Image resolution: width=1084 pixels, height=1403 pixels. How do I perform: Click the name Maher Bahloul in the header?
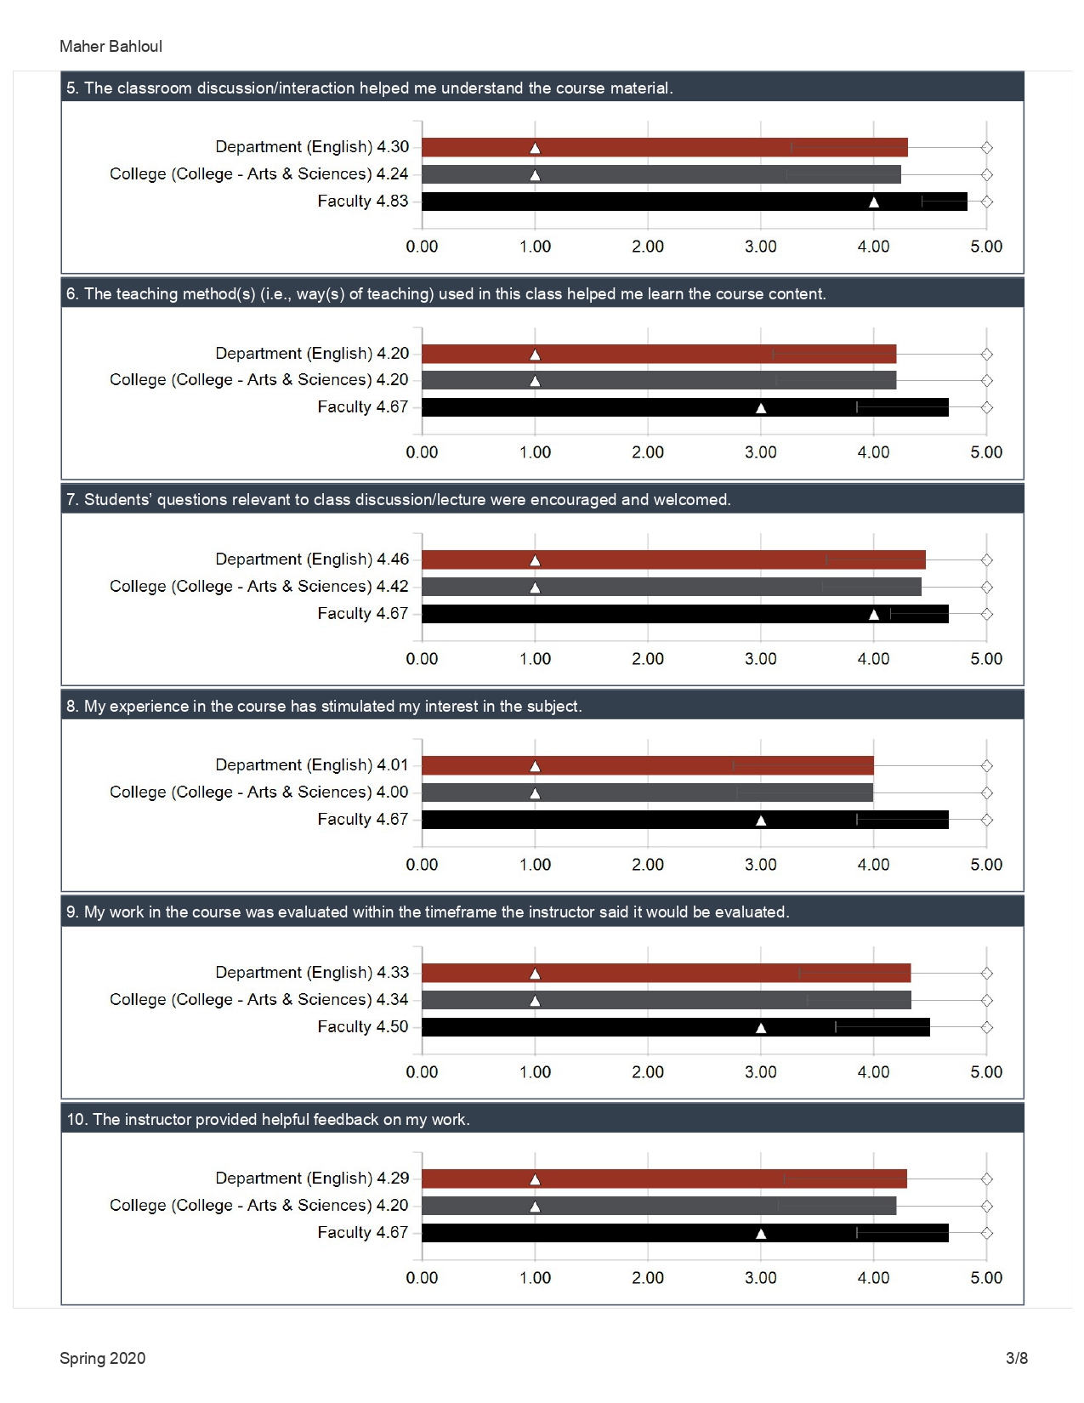pos(111,47)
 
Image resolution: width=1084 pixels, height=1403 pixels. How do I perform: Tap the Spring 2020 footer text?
pos(102,1358)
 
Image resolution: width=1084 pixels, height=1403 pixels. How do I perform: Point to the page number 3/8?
pos(1016,1358)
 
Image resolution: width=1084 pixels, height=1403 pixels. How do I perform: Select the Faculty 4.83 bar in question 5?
pos(694,202)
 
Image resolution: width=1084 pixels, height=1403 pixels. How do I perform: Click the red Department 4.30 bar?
pos(664,147)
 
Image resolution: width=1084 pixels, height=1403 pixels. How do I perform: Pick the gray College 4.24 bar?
pos(661,174)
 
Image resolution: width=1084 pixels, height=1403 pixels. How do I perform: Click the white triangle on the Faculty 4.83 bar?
pos(873,202)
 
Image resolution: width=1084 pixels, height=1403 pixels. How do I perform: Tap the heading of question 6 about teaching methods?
pos(446,293)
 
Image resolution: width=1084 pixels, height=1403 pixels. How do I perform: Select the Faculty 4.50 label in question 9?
pos(363,1026)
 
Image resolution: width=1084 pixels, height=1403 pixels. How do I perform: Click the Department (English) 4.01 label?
pos(312,765)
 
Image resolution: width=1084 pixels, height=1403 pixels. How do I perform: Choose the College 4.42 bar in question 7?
pos(672,587)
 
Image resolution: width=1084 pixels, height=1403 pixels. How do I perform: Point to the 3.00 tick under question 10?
pos(761,1278)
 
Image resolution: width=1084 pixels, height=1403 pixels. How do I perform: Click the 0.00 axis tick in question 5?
pos(422,247)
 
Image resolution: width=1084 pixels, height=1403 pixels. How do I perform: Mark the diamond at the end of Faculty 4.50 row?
pos(986,1027)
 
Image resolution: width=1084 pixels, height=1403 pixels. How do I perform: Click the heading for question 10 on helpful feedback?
pos(268,1119)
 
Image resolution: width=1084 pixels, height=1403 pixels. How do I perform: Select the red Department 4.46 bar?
pos(673,559)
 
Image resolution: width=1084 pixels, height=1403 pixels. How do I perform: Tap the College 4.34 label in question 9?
pos(259,999)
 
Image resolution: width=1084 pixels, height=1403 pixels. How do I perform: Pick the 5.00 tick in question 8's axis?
pos(986,865)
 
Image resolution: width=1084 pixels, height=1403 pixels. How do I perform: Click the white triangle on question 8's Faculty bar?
pos(761,821)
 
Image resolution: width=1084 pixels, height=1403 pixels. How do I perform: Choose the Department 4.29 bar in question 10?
pos(664,1179)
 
